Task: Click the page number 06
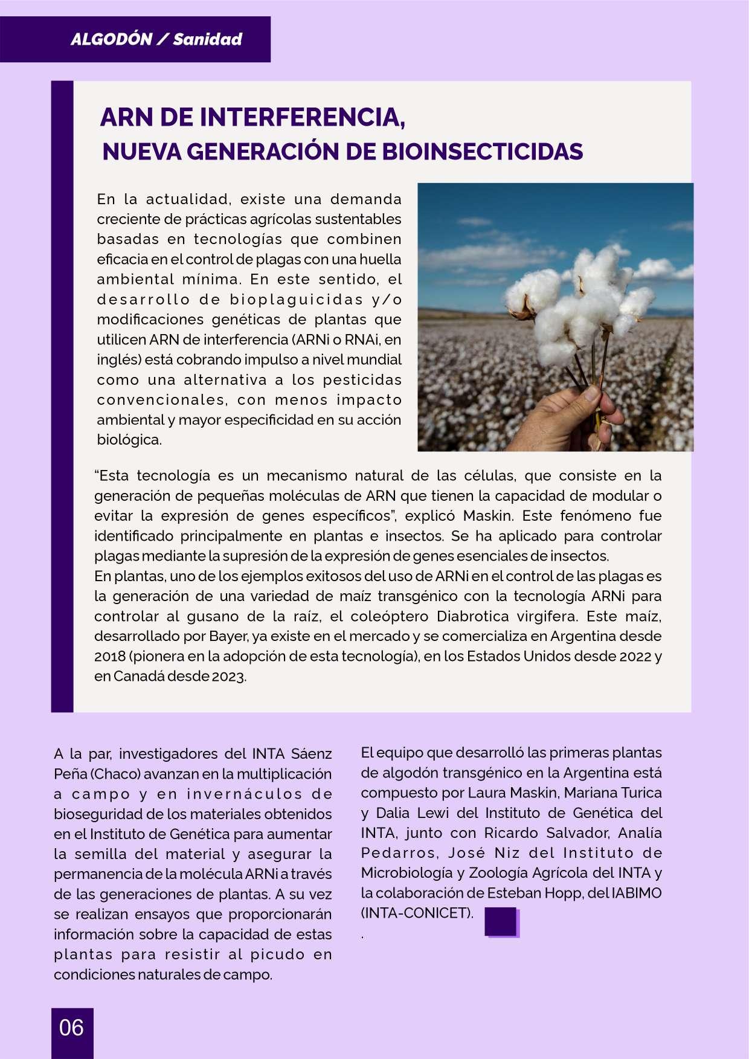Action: (x=71, y=1028)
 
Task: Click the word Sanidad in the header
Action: (x=207, y=40)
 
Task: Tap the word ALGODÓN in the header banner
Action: (x=111, y=40)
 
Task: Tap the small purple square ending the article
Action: (x=501, y=921)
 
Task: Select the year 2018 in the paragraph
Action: (x=109, y=656)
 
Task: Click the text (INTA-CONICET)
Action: (x=417, y=913)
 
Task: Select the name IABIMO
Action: (x=637, y=893)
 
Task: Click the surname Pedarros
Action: (x=399, y=853)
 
